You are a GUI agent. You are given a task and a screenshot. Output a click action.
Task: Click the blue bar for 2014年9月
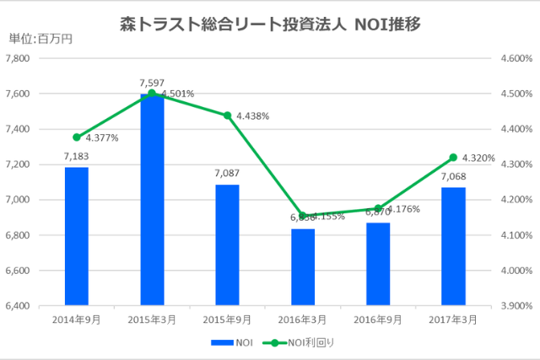coord(76,236)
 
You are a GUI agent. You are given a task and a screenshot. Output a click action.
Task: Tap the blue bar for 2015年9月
coord(227,244)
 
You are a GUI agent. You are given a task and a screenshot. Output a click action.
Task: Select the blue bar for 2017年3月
coord(453,245)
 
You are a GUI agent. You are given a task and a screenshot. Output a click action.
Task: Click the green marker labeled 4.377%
coord(77,137)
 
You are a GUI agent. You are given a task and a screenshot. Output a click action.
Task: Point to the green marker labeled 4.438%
coord(227,116)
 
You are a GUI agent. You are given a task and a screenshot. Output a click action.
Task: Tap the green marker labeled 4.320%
coord(453,157)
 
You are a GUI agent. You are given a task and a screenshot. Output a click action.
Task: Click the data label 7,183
coord(76,157)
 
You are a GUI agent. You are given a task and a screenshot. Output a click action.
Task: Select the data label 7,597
coord(152,83)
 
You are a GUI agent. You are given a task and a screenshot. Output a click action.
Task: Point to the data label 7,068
coord(453,177)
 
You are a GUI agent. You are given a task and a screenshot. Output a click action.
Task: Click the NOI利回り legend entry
coord(310,343)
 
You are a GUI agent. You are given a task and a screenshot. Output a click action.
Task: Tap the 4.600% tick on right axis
coord(515,58)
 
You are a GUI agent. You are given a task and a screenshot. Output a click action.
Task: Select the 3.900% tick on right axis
coord(515,306)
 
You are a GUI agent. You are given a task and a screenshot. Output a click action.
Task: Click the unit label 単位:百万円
coord(40,38)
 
